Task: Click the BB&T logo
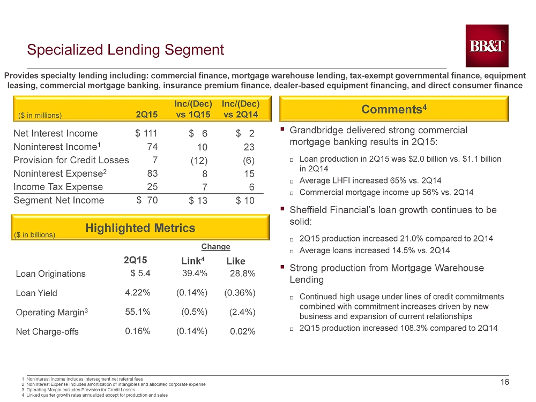[487, 45]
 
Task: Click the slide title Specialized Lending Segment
[125, 50]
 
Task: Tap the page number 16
[504, 382]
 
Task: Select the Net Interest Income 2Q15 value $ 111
[146, 133]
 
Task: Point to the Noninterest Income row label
[57, 147]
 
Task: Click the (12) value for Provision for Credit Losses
[199, 161]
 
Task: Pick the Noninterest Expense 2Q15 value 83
[152, 173]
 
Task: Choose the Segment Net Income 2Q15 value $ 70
[147, 200]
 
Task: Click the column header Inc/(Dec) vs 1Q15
[193, 109]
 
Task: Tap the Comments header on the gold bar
[394, 109]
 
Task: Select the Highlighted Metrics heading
[140, 227]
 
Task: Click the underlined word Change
[215, 246]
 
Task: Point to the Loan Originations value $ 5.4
[140, 274]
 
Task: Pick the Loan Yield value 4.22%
[138, 293]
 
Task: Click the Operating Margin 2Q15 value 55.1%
[138, 312]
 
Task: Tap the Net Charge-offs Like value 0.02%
[243, 331]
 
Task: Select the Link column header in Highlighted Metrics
[193, 261]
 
